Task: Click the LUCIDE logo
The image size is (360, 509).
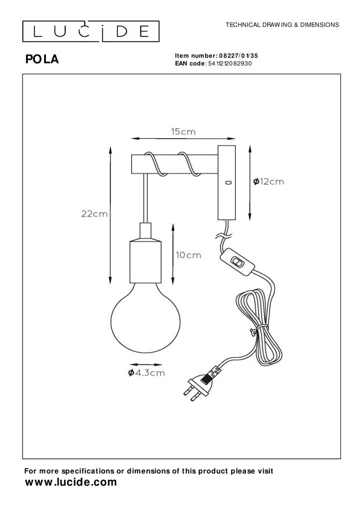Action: point(91,31)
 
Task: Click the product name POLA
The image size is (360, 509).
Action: point(42,59)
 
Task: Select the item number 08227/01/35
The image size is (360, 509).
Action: point(239,56)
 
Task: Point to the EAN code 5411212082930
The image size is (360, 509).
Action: point(229,63)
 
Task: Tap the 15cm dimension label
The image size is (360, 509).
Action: point(183,132)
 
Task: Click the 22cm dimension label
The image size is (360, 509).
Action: point(94,214)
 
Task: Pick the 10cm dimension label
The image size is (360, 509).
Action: point(188,255)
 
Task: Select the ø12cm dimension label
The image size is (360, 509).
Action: point(268,182)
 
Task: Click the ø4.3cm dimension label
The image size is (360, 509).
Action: point(146,373)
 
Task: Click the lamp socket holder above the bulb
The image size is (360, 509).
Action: point(145,252)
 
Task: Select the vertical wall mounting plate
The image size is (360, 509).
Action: point(226,183)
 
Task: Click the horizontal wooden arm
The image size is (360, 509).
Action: point(174,164)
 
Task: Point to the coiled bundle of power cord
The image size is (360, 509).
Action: point(259,327)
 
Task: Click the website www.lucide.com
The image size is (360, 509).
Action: point(71,482)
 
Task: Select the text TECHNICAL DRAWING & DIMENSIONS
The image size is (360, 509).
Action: point(282,25)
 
